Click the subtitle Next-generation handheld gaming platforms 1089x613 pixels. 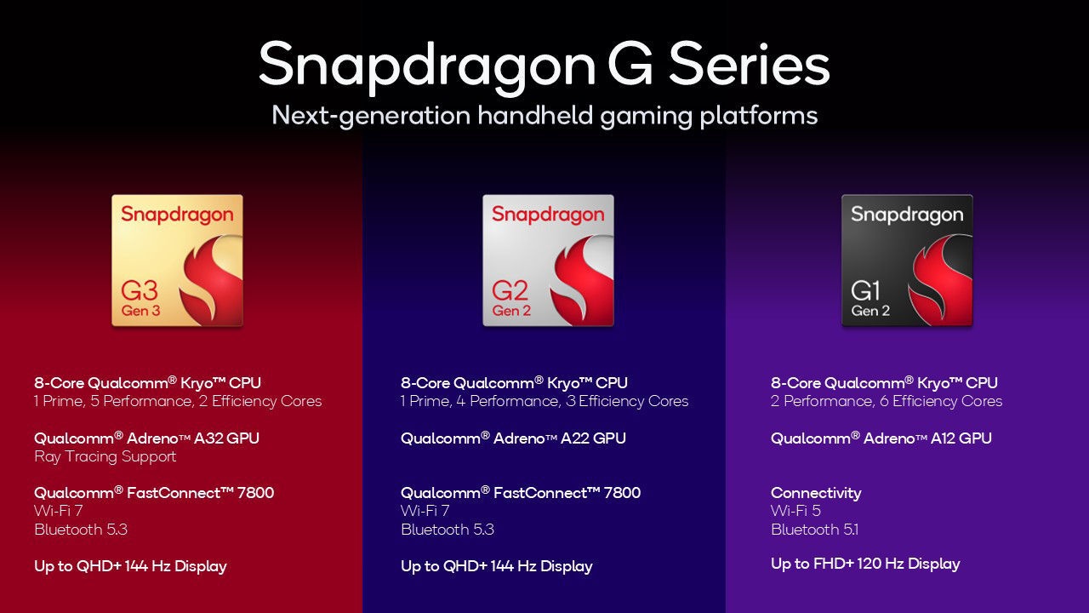[544, 115]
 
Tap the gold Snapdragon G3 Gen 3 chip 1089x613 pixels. [177, 261]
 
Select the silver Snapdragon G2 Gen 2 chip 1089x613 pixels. [548, 261]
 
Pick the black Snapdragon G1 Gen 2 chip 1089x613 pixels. [907, 261]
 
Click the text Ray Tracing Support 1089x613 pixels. [105, 456]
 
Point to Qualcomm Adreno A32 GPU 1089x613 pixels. [146, 438]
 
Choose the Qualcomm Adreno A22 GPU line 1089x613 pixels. [513, 438]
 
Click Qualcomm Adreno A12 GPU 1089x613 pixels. [881, 438]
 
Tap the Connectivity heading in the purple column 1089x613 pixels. [816, 493]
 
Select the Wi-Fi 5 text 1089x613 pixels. [795, 511]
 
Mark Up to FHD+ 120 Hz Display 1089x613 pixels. [865, 564]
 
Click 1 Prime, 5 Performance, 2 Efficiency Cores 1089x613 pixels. [178, 401]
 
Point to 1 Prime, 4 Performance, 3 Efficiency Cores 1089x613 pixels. [544, 401]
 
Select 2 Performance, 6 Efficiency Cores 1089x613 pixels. [887, 401]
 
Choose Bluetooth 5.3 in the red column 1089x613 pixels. [81, 530]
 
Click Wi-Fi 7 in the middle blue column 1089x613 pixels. [425, 511]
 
